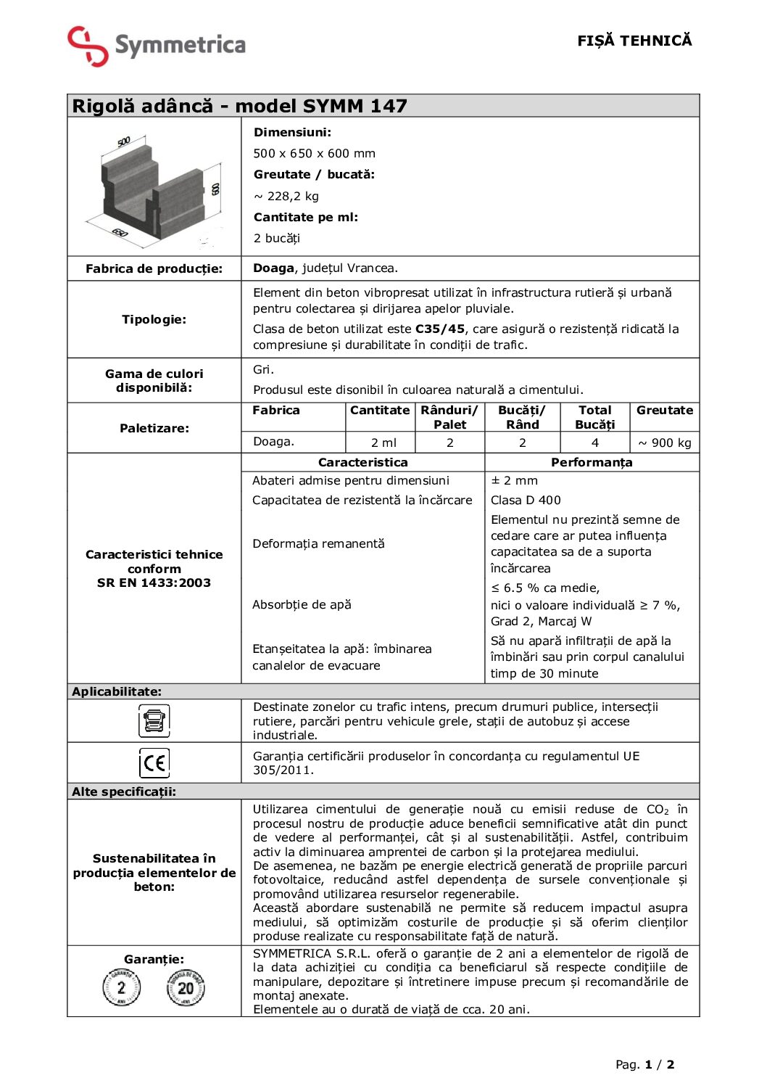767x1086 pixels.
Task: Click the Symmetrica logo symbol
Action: (x=88, y=46)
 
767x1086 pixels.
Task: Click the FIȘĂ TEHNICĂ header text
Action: (x=634, y=41)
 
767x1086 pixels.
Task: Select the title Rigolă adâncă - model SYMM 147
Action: (x=239, y=106)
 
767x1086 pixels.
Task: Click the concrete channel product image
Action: (x=154, y=187)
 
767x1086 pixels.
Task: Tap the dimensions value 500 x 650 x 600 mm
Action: (x=314, y=153)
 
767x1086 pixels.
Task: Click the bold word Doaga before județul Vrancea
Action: (x=273, y=268)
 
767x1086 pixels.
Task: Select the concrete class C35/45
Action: (x=440, y=329)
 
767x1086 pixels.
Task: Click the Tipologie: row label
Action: (x=154, y=319)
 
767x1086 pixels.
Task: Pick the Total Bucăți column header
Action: (x=594, y=417)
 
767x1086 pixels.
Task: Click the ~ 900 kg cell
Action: (x=664, y=443)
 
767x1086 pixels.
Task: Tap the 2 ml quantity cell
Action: (x=383, y=443)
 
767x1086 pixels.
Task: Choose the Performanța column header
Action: (x=592, y=462)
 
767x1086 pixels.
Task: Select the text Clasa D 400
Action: (x=526, y=500)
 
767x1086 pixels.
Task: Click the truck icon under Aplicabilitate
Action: (x=154, y=721)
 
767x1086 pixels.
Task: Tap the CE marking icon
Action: (x=154, y=762)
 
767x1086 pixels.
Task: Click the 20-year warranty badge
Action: (x=186, y=987)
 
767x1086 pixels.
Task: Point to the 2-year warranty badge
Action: (x=121, y=987)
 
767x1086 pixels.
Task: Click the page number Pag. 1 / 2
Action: (x=644, y=1064)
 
